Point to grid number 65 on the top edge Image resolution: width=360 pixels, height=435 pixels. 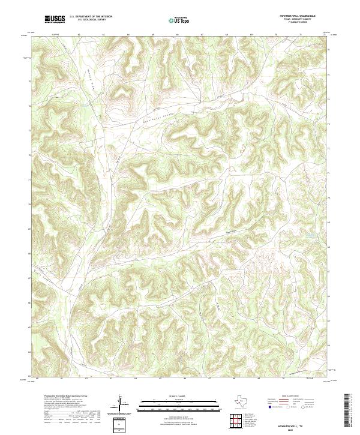click(x=153, y=35)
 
